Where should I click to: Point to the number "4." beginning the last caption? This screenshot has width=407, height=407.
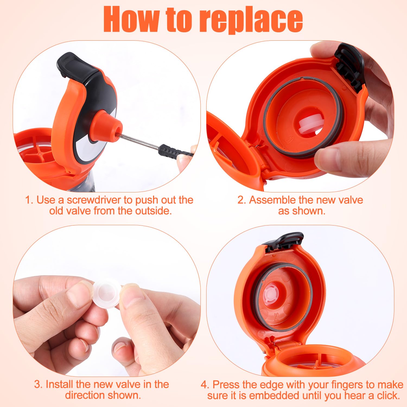(x=205, y=384)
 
